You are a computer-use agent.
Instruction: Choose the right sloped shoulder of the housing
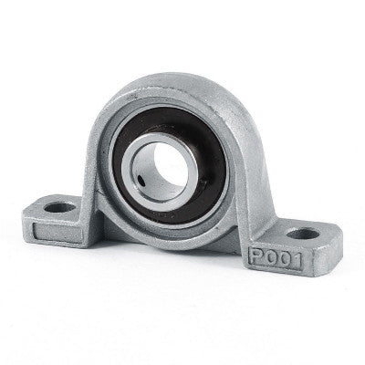pos(239,169)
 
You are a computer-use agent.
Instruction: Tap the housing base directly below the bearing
pos(169,239)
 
